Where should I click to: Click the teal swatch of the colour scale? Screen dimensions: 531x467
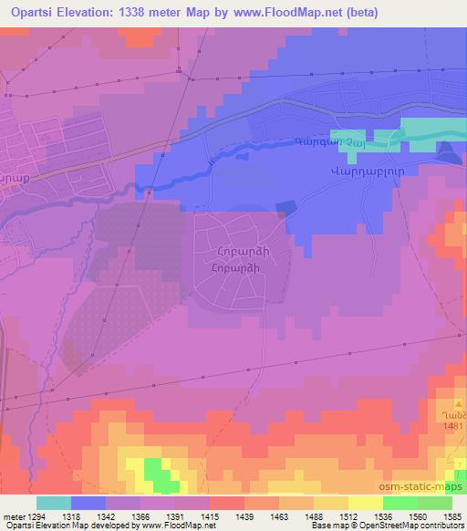point(54,503)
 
